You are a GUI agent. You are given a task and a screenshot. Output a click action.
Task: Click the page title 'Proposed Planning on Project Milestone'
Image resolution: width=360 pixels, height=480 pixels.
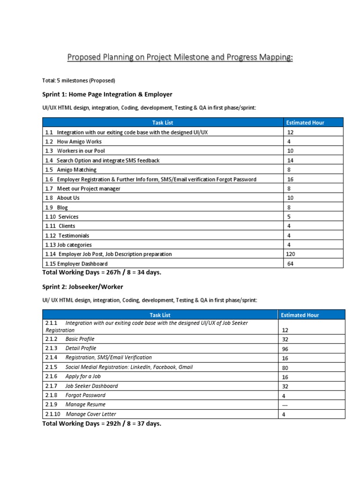click(x=180, y=58)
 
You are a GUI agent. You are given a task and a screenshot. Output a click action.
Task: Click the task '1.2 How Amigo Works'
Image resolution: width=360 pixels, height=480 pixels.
click(x=73, y=142)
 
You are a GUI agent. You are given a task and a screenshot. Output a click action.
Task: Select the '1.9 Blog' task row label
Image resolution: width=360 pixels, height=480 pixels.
click(x=57, y=207)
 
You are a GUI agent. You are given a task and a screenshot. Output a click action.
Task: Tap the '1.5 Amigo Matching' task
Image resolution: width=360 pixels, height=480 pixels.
click(x=71, y=170)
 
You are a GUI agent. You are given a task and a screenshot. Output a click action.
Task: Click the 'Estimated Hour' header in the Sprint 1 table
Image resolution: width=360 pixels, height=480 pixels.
click(x=305, y=123)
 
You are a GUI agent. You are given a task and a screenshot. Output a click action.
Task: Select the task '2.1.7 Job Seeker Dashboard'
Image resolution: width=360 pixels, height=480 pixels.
click(x=82, y=386)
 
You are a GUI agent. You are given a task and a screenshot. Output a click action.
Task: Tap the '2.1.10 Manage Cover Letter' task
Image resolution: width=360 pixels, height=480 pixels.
click(x=81, y=414)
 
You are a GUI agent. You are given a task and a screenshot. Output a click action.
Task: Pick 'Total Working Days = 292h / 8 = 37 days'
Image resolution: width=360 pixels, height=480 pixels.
click(x=102, y=423)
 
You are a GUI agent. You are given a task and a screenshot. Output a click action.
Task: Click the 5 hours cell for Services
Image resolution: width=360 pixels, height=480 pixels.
click(x=290, y=217)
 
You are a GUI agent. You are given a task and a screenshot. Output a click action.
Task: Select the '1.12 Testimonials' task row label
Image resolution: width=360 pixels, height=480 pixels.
click(x=67, y=235)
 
